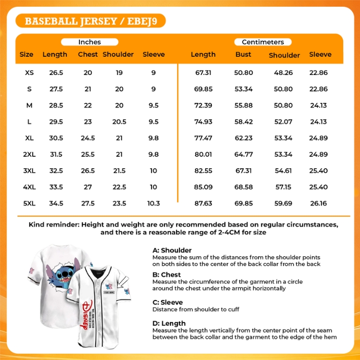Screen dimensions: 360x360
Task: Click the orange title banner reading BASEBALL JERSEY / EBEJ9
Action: coord(90,21)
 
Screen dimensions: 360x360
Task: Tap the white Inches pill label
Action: coord(90,42)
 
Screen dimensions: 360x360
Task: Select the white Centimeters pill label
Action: coord(263,42)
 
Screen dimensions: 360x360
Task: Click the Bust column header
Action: coord(244,54)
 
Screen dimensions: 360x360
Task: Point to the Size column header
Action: coord(26,54)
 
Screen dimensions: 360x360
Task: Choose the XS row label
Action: coord(29,73)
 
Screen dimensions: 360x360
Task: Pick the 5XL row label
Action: coord(29,203)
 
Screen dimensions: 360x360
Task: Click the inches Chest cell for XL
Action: coord(88,138)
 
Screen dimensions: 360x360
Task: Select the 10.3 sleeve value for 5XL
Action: coord(154,203)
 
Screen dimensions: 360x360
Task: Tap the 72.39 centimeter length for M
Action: coord(203,105)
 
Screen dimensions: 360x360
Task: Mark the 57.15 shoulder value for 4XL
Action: coord(284,187)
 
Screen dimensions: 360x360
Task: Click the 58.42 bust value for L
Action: coord(244,122)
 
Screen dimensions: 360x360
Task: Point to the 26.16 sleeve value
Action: coord(319,203)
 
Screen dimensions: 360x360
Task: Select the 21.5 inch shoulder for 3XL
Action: coord(119,171)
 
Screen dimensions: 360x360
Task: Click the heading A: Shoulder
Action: coord(172,250)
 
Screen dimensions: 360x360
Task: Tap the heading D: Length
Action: coord(169,323)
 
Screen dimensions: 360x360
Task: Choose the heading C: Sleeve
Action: coord(168,302)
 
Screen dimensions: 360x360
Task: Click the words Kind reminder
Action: coord(54,224)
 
